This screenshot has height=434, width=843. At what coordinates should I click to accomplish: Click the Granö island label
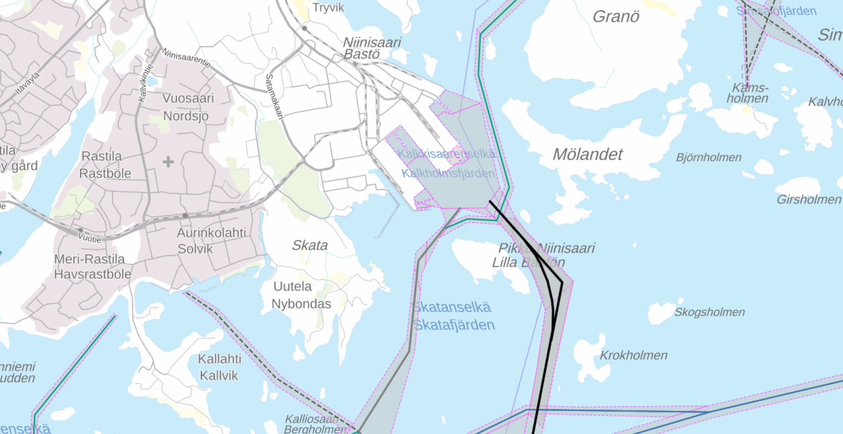[x=616, y=17]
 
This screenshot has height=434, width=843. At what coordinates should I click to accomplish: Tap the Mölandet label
[x=588, y=154]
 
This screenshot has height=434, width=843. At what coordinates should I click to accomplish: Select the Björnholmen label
[x=709, y=157]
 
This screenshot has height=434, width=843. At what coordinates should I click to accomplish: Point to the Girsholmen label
[x=808, y=200]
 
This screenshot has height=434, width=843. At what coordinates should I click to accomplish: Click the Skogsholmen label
[x=709, y=312]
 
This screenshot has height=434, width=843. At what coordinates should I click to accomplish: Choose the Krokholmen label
[x=634, y=355]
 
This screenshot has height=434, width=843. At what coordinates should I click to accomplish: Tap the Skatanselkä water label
[x=452, y=307]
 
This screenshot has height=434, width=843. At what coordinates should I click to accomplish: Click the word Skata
[x=310, y=246]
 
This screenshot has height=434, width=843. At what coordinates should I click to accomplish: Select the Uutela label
[x=292, y=286]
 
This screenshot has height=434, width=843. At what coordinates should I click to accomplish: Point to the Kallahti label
[x=220, y=359]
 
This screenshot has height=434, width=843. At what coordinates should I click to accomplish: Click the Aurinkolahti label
[x=211, y=233]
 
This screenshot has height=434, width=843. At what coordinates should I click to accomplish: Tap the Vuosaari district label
[x=188, y=98]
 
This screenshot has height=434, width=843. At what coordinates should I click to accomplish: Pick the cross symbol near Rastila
[x=168, y=162]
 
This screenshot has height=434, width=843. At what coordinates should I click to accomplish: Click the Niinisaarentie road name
[x=186, y=58]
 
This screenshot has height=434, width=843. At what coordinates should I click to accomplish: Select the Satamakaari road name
[x=274, y=97]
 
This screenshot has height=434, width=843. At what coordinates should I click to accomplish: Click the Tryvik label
[x=328, y=8]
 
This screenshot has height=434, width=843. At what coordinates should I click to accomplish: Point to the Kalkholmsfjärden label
[x=448, y=174]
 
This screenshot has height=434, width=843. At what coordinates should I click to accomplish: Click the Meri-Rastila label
[x=89, y=259]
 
